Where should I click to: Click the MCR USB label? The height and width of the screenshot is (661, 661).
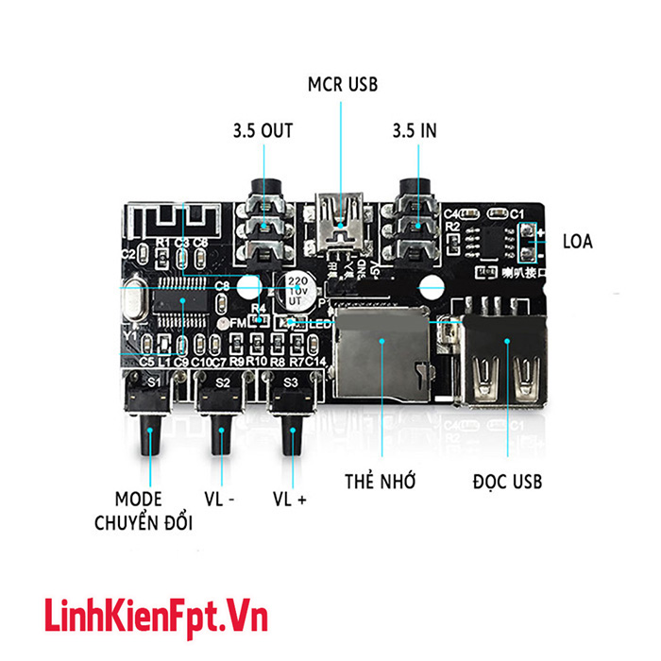pyautogui.click(x=342, y=84)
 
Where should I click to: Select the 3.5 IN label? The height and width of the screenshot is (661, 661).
pyautogui.click(x=415, y=131)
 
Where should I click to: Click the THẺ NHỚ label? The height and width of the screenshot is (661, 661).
pyautogui.click(x=381, y=482)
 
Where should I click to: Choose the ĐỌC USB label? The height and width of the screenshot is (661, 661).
pyautogui.click(x=508, y=482)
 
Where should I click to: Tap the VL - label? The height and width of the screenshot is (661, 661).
pyautogui.click(x=221, y=498)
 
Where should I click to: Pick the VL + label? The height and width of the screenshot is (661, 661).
pyautogui.click(x=290, y=498)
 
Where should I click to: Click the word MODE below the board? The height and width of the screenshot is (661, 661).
pyautogui.click(x=138, y=499)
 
